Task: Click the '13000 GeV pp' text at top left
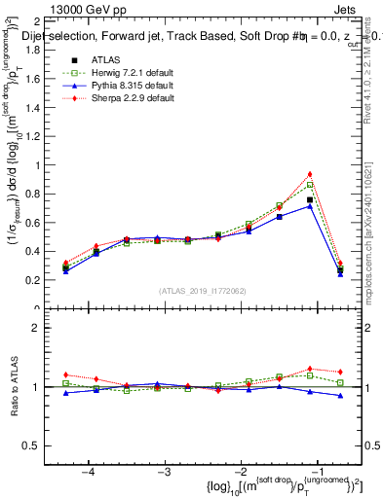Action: [55, 9]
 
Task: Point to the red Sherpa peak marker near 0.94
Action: [310, 174]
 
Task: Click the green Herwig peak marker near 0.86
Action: [310, 185]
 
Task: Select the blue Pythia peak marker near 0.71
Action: [310, 206]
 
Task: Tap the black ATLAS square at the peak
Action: [310, 199]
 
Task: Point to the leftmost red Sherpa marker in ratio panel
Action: [65, 374]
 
